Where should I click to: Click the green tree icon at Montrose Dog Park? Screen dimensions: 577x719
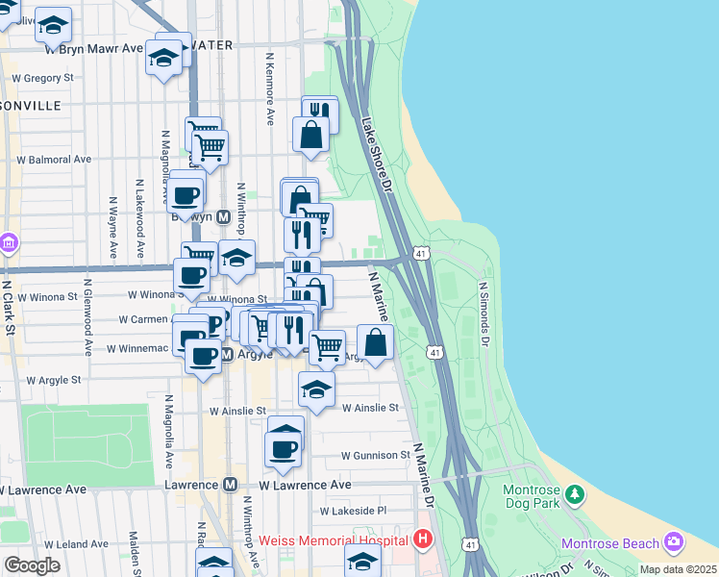pos(575,494)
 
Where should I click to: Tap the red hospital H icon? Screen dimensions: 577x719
pos(422,540)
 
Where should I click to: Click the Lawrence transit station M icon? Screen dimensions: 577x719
pos(230,486)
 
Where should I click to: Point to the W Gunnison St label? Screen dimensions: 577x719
pos(375,455)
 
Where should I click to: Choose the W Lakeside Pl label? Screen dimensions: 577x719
pos(353,511)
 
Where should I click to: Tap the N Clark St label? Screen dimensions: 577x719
pos(11,308)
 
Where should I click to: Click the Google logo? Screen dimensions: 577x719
pos(32,564)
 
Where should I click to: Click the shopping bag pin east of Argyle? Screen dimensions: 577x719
pos(375,343)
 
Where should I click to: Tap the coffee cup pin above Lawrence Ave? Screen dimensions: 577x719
pos(283,448)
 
